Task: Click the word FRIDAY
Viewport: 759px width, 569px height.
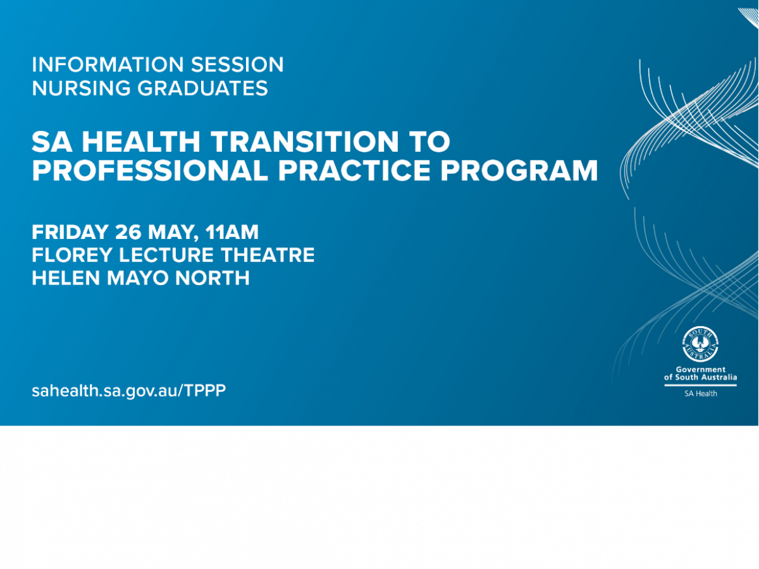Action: coord(70,232)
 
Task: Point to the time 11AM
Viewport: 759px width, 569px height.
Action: coord(233,232)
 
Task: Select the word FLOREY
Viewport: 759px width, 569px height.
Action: coord(69,255)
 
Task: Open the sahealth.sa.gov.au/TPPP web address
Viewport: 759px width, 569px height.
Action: coord(128,390)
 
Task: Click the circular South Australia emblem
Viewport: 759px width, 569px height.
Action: coord(700,345)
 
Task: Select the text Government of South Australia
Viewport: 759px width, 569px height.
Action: coord(700,374)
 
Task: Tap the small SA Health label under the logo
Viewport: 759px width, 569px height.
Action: coord(700,393)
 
